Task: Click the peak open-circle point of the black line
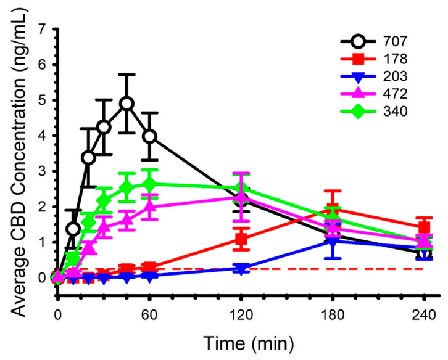(127, 104)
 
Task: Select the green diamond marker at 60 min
(149, 184)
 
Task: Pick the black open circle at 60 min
(149, 136)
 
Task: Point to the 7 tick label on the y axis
(42, 29)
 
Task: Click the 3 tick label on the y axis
(42, 171)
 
